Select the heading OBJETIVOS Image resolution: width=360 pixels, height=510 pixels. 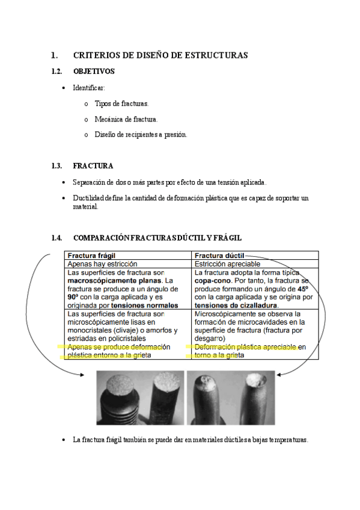pos(94,72)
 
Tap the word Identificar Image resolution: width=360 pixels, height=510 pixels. pos(89,88)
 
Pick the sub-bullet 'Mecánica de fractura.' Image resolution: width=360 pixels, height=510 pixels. pos(126,119)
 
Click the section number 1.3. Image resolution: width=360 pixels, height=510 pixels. pos(57,166)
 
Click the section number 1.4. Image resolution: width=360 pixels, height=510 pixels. pos(57,238)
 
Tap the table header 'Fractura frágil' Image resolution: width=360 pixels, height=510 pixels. pos(91,255)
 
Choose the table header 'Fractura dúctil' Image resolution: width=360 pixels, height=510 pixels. pos(219,255)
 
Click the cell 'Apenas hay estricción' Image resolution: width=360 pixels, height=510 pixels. pos(102,263)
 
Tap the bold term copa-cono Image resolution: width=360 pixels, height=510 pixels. pos(214,280)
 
